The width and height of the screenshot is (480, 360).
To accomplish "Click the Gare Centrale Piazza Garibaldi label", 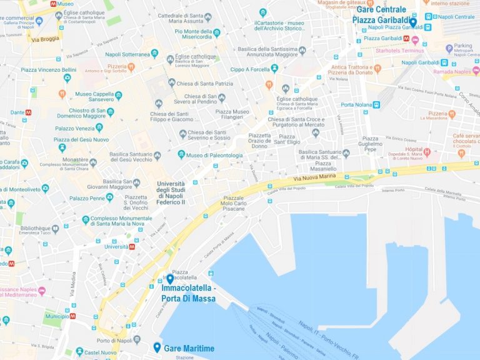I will click(381, 14).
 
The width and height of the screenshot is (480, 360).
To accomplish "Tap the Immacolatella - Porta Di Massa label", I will click(188, 294).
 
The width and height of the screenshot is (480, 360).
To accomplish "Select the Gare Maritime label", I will click(189, 348).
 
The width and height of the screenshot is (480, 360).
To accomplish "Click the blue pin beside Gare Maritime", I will click(157, 347).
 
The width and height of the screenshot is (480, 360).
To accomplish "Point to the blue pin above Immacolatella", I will click(170, 279).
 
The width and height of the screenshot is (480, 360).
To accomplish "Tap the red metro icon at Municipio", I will click(73, 316).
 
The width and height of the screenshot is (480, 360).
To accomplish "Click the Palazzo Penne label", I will click(87, 198).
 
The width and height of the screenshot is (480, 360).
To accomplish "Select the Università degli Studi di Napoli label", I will click(171, 192).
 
